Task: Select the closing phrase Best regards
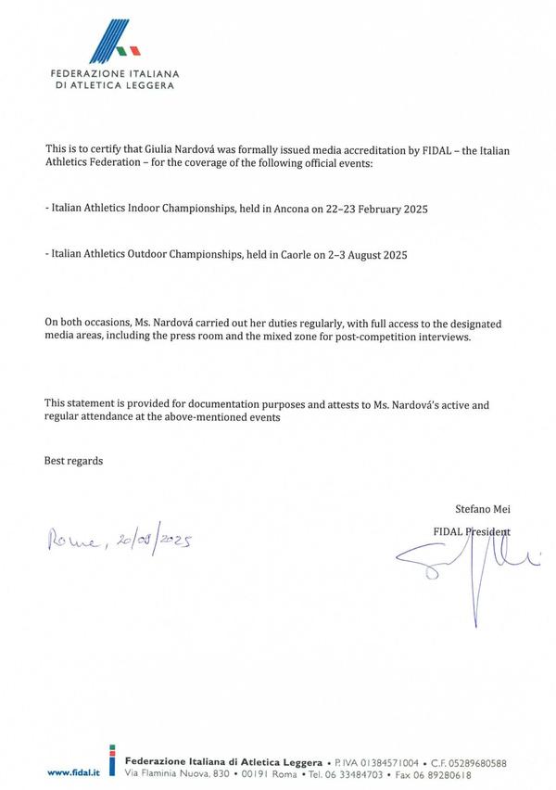pyautogui.click(x=73, y=461)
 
